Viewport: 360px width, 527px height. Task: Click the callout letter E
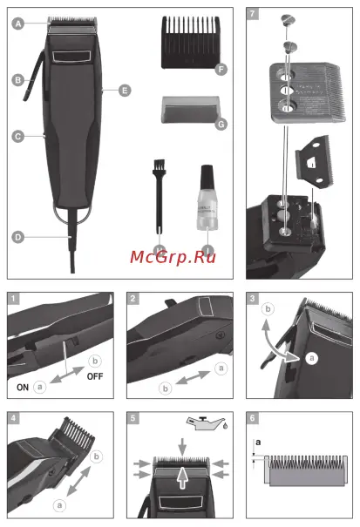(x=125, y=90)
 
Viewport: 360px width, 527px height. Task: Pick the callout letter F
(x=221, y=67)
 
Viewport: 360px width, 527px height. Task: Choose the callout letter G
(x=221, y=124)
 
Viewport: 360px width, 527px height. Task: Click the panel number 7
(x=253, y=15)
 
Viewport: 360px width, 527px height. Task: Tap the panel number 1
(x=14, y=298)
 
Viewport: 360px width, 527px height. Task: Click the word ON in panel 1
(x=24, y=384)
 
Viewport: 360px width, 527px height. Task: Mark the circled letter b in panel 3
(x=269, y=309)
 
